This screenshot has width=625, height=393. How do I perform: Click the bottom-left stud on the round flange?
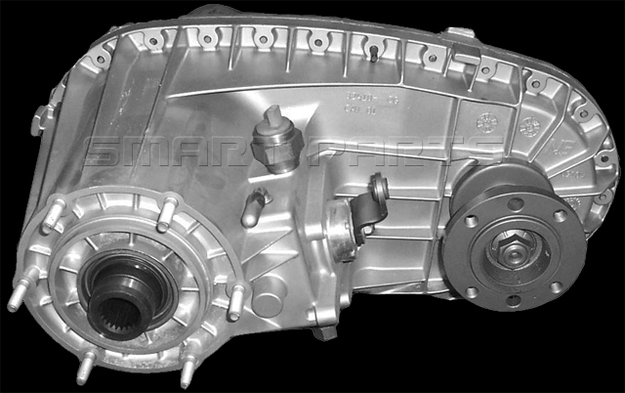pyautogui.click(x=86, y=366)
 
